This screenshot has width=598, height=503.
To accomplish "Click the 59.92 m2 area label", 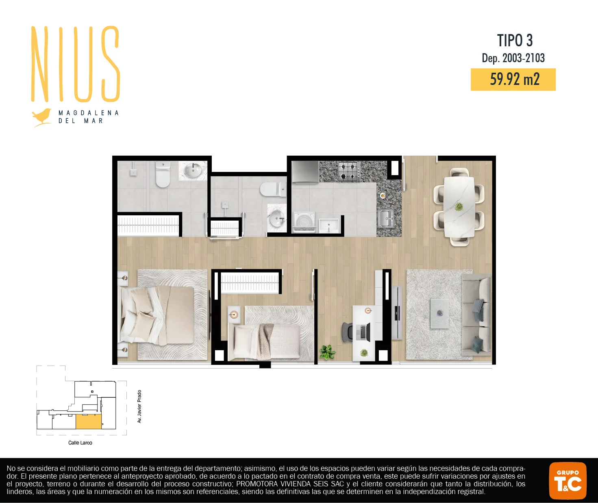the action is [x=515, y=79].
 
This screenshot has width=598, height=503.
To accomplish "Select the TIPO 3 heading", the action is [x=515, y=40].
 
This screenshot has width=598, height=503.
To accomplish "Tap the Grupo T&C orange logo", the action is [x=568, y=481].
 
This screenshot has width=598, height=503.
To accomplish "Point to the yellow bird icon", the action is [x=42, y=117].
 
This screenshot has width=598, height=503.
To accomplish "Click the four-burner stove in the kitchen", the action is [x=349, y=171].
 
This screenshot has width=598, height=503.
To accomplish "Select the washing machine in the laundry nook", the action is [x=304, y=222].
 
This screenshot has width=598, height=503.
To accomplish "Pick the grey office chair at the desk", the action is [x=348, y=332].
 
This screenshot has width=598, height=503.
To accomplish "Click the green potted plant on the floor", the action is [x=327, y=352].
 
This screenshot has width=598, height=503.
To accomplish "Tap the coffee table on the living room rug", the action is [x=439, y=314].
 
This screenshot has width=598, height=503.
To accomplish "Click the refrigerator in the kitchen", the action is [x=305, y=171].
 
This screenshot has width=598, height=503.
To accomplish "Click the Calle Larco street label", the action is [x=80, y=442].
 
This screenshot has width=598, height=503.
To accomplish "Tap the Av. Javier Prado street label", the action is [x=139, y=406].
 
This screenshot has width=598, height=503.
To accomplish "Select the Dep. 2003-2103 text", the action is [x=513, y=58].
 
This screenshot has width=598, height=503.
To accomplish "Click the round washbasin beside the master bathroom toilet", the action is [x=193, y=170].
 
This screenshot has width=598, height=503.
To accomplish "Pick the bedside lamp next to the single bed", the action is [x=234, y=314].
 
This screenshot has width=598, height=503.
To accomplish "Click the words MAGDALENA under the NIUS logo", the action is [x=89, y=113].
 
